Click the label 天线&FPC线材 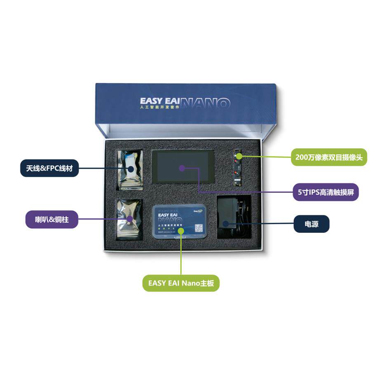tap(49, 168)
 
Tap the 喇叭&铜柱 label tap(52, 220)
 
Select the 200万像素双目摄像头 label tap(328, 157)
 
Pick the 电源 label tap(311, 224)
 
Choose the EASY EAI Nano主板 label tap(181, 283)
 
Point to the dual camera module tap(238, 168)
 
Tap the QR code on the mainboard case tap(199, 228)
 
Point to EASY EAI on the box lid tap(159, 101)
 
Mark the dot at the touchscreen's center tap(182, 168)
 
